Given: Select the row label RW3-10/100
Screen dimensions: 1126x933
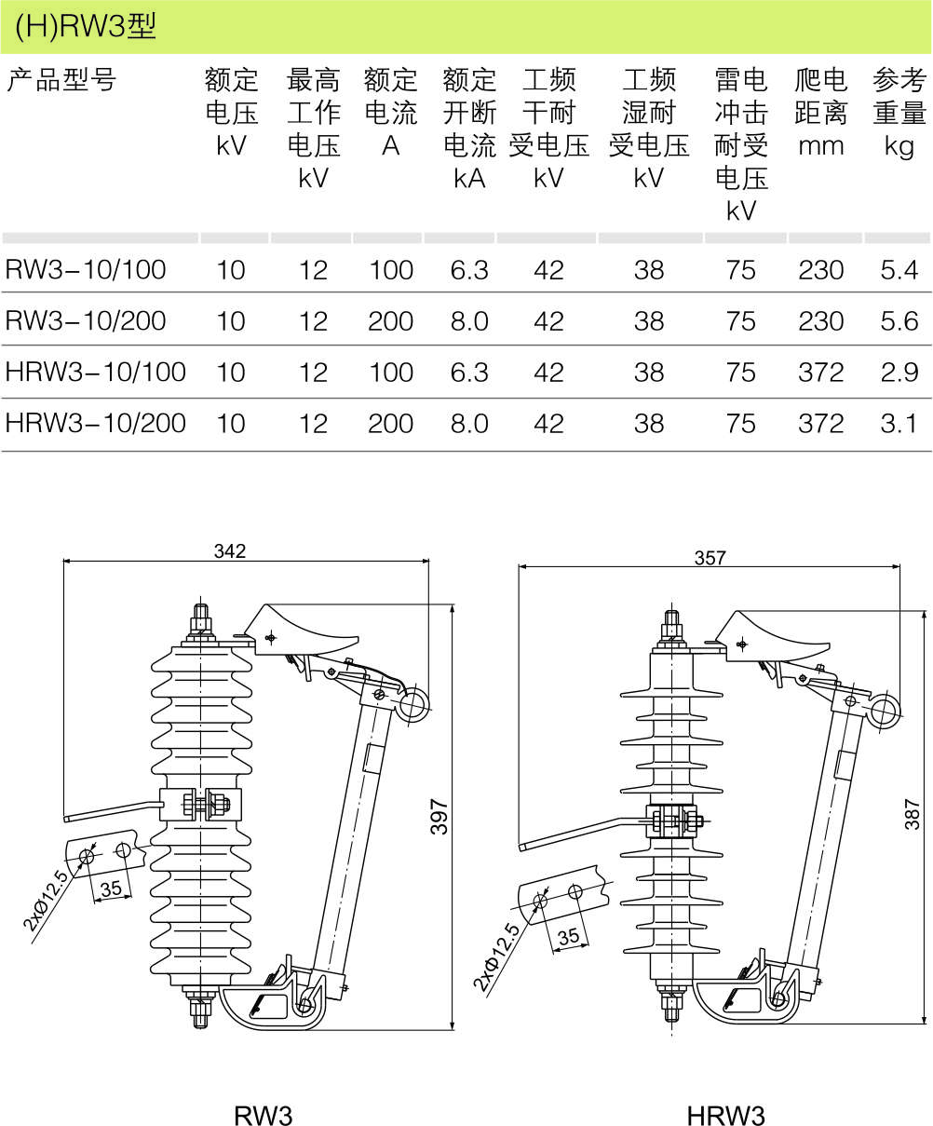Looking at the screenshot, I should point(86,270).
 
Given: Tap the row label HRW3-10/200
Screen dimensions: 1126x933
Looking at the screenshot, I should point(96,424).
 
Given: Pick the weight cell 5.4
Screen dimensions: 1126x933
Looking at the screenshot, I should point(899,270).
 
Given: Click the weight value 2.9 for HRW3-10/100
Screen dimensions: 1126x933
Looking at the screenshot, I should point(899,373).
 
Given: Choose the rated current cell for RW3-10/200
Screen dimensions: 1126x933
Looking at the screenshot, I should point(390,321).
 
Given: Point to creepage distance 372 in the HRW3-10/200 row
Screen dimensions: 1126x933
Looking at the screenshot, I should point(820,424).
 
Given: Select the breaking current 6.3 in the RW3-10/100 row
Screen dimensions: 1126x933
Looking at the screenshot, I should point(468,270).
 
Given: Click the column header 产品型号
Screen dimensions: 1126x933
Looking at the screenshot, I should point(61,81).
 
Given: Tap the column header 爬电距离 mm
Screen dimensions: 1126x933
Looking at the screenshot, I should point(820,113).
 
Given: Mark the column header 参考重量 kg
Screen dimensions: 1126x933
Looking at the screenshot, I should point(899,113).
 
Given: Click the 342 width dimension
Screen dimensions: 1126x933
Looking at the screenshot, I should point(229,550).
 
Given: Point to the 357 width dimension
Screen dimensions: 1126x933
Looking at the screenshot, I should point(710,558).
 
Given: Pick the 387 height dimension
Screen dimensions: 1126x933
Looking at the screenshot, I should point(913,813).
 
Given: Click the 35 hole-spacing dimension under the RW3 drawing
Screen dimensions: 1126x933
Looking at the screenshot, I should point(111,889).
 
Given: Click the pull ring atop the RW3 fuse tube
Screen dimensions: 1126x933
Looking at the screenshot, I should point(411,704).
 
